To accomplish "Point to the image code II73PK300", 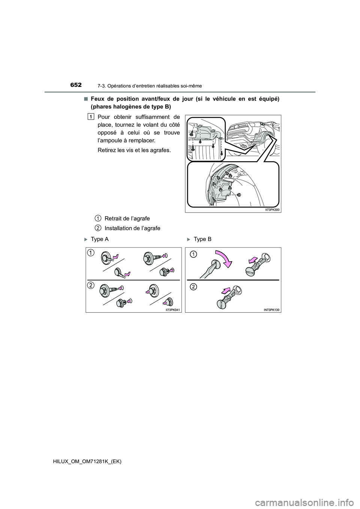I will coord(272,210).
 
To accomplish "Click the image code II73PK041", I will coord(173,310).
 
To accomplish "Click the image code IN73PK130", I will coord(272,310).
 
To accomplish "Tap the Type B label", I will coord(202,240).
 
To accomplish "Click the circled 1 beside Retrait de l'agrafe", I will coord(96,218).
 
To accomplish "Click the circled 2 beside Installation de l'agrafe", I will coord(96,228).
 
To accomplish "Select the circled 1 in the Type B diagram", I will coord(192,254).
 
